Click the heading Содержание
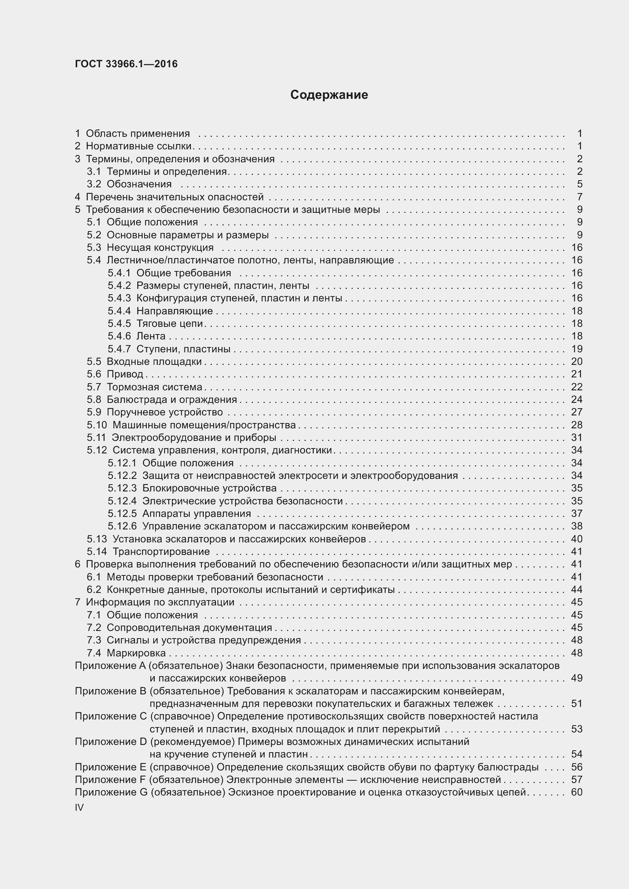tap(329, 95)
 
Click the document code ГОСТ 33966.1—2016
tap(126, 64)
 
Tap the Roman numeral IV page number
tap(79, 808)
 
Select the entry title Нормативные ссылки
tap(139, 146)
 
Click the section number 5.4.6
tap(119, 336)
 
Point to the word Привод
tap(125, 374)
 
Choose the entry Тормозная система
tap(154, 387)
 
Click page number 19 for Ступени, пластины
tap(577, 349)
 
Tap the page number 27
tap(577, 412)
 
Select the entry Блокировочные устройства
tap(209, 488)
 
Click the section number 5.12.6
tap(122, 526)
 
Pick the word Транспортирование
tap(161, 551)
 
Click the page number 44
tap(577, 589)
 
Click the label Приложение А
tap(110, 666)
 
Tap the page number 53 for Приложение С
tap(577, 729)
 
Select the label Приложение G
tap(111, 792)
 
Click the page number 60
tap(577, 792)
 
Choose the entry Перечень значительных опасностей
tap(175, 197)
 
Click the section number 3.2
tap(94, 184)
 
